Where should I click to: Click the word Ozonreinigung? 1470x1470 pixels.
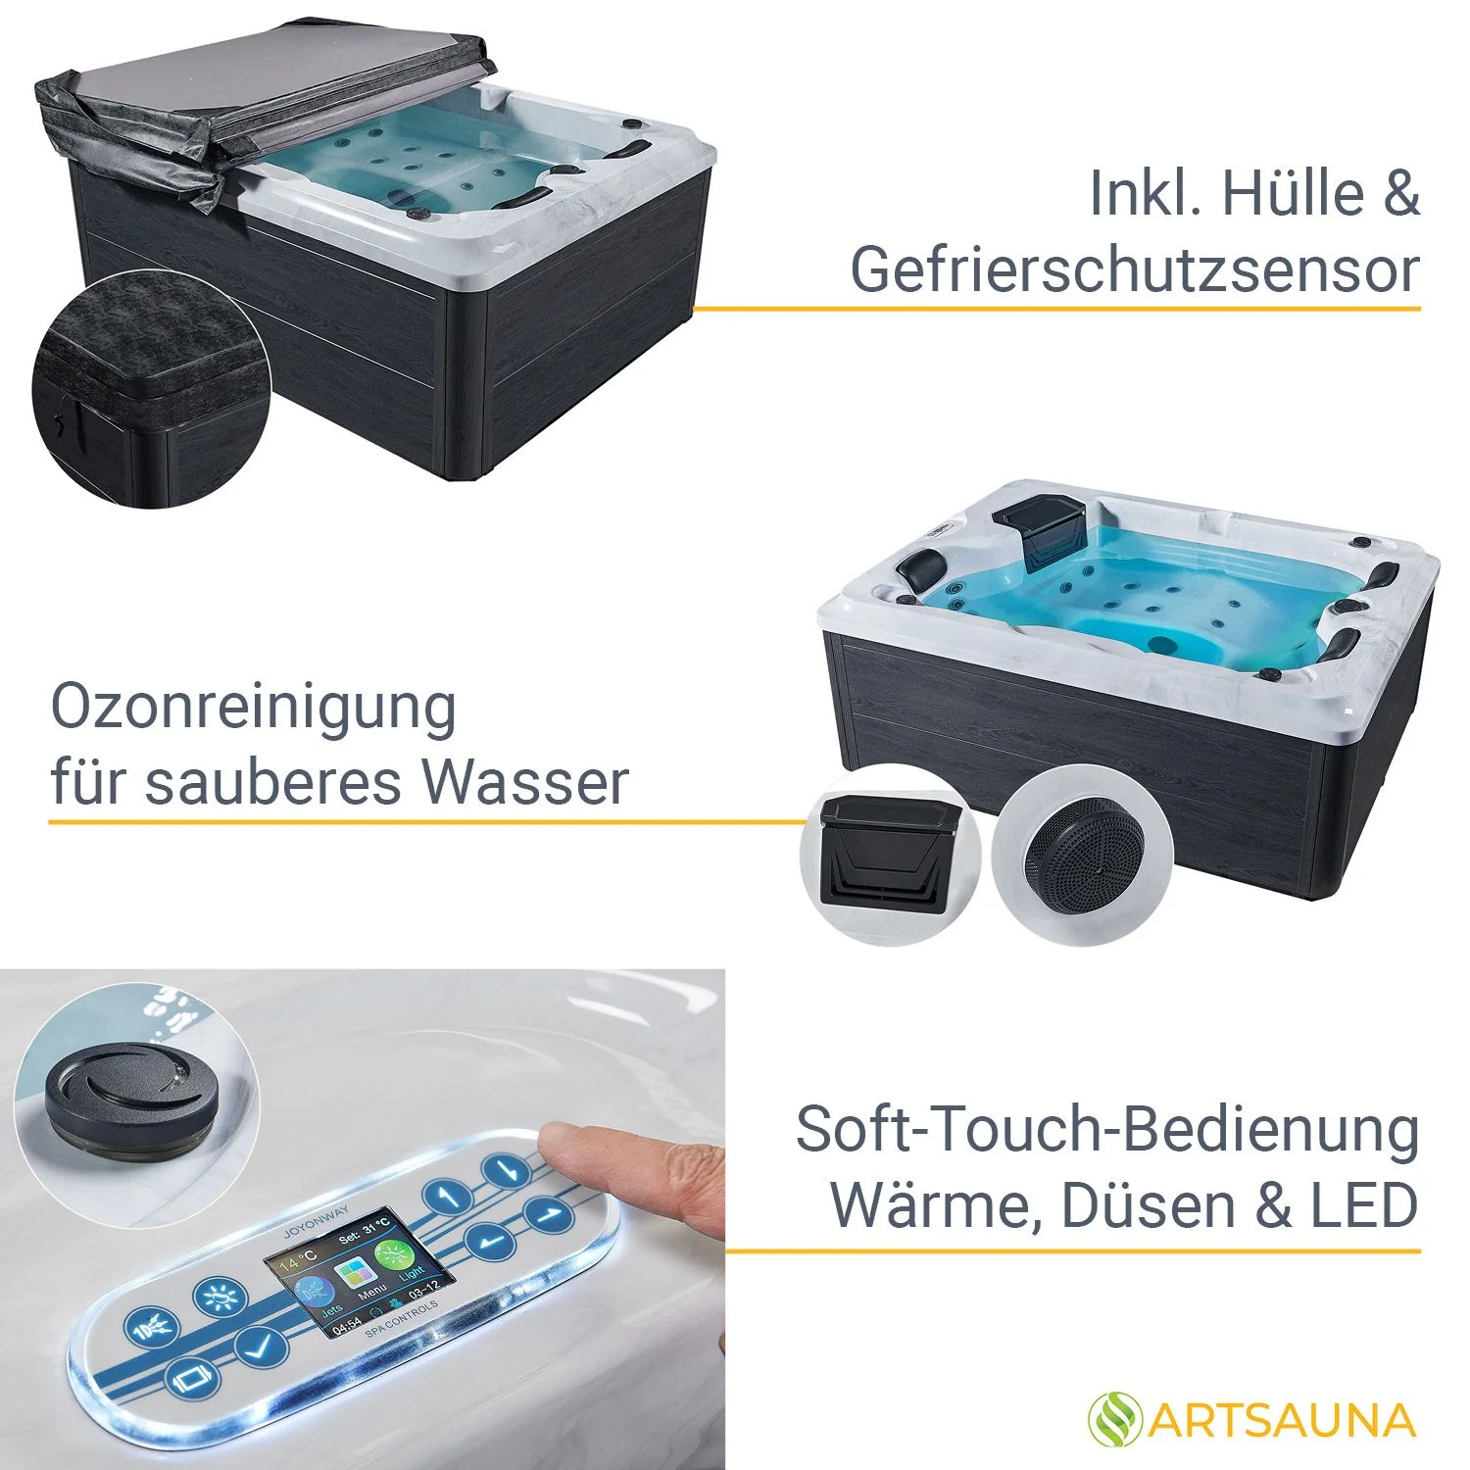253,708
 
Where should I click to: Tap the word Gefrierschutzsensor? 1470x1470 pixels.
1134,269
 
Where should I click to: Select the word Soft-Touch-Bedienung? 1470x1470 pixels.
1106,1130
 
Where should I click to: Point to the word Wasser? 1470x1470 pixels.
525,782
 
